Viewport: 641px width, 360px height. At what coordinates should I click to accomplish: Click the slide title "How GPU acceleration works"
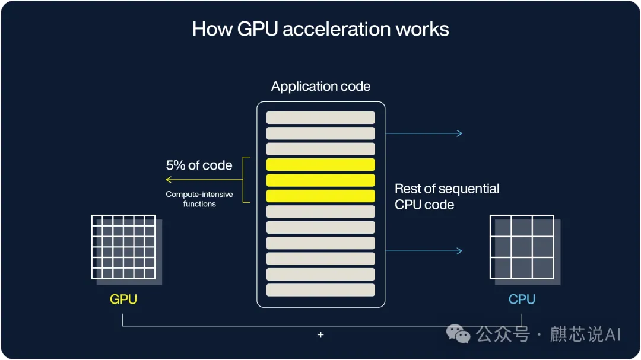[320, 29]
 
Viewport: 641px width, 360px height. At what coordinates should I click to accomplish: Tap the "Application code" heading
[320, 87]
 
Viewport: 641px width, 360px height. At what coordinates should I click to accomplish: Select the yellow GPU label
[123, 300]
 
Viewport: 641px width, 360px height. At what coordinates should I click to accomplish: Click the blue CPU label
[522, 300]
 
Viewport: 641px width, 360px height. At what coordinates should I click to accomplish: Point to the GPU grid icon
[123, 247]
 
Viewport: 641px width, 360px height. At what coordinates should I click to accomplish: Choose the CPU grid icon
[522, 247]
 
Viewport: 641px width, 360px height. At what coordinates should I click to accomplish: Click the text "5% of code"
[199, 165]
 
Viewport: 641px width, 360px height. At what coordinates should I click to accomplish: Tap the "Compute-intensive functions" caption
[199, 199]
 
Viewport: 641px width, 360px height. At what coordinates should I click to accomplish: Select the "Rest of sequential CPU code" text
[447, 197]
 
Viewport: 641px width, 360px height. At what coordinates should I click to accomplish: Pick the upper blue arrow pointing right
[424, 133]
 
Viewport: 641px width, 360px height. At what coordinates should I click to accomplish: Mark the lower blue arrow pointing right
[424, 251]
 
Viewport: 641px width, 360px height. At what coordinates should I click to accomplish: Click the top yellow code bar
[320, 165]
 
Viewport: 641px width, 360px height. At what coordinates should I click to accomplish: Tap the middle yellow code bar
[320, 180]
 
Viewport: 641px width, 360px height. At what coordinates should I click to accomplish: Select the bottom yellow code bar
[320, 196]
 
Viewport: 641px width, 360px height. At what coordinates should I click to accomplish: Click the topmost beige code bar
[320, 117]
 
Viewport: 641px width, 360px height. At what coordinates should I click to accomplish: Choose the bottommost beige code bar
[320, 290]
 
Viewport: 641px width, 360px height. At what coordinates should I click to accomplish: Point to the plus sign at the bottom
[320, 335]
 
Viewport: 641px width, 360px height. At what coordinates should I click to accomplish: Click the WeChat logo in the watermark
[459, 334]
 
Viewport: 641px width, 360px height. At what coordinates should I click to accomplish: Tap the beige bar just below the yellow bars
[320, 212]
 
